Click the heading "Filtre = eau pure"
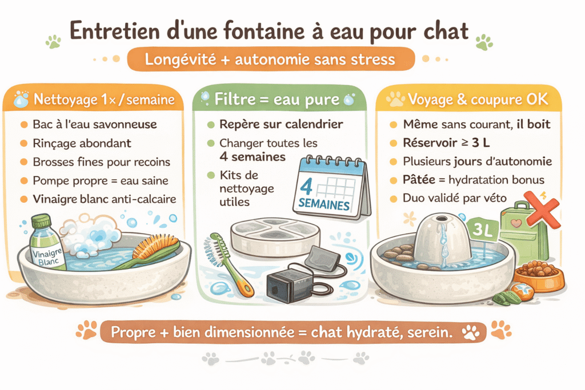[x=274, y=100]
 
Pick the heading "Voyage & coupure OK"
[x=477, y=100]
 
